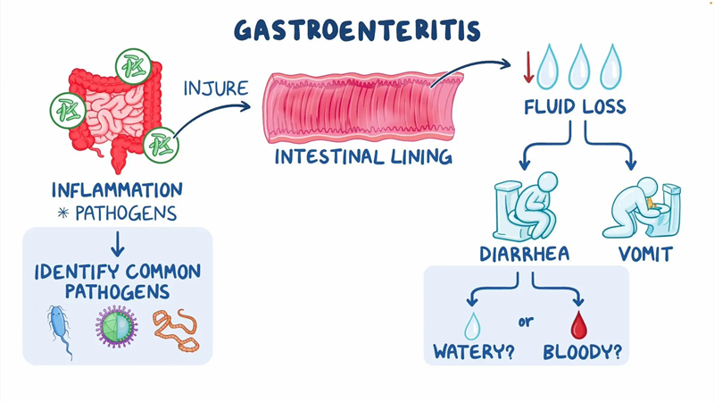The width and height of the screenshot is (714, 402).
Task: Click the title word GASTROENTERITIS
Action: [x=358, y=30]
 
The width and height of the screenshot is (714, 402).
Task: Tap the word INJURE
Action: [x=216, y=88]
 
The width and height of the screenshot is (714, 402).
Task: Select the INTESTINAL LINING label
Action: [x=363, y=157]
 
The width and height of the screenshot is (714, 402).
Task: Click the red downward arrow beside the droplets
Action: [x=528, y=67]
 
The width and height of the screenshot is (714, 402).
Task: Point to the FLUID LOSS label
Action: [x=575, y=106]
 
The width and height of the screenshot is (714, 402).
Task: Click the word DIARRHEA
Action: [x=525, y=254]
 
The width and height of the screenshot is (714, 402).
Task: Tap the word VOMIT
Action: [x=645, y=254]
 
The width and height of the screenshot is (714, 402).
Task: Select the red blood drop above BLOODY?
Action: [x=578, y=325]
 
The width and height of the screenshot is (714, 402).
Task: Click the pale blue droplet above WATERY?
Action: [x=472, y=326]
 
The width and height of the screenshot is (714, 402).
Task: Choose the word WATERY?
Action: [x=474, y=352]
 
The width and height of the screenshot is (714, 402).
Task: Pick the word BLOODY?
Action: [x=583, y=352]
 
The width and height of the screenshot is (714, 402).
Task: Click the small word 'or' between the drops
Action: [x=526, y=322]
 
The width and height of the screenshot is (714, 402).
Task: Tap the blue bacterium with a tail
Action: [x=60, y=329]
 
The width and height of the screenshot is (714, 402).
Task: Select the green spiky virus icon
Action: [x=116, y=327]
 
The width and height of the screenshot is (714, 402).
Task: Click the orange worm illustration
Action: [x=176, y=330]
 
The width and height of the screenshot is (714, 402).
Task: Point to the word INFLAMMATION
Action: [x=117, y=190]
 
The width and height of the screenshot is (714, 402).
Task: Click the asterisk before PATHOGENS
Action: [x=63, y=213]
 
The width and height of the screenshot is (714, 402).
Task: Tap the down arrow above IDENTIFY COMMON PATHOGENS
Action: [x=118, y=244]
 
